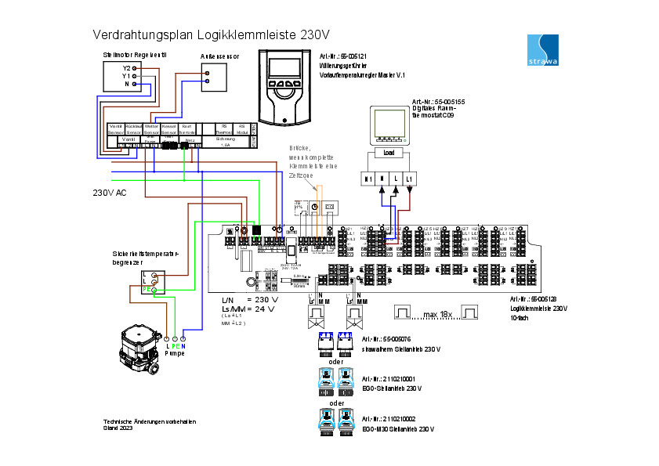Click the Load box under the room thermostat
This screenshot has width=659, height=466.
click(x=388, y=152)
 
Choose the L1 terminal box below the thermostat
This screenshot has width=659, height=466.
click(x=409, y=179)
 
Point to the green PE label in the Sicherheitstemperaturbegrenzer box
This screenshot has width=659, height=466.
click(x=146, y=290)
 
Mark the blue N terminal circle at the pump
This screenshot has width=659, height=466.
click(x=183, y=338)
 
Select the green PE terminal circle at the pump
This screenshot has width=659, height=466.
click(x=175, y=338)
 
